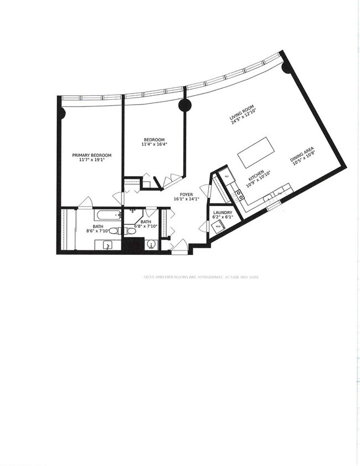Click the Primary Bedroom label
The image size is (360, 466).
(x=91, y=156)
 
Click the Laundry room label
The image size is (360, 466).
(x=222, y=213)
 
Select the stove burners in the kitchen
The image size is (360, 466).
(x=239, y=194)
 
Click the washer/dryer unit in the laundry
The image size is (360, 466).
(x=218, y=226)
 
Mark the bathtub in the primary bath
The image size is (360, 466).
(x=107, y=215)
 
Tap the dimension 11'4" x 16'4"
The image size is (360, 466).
(x=154, y=145)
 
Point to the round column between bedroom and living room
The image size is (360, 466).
(x=184, y=105)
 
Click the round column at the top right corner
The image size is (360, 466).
(x=286, y=68)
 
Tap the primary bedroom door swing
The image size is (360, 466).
(x=85, y=202)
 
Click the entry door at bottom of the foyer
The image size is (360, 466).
(x=179, y=247)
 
